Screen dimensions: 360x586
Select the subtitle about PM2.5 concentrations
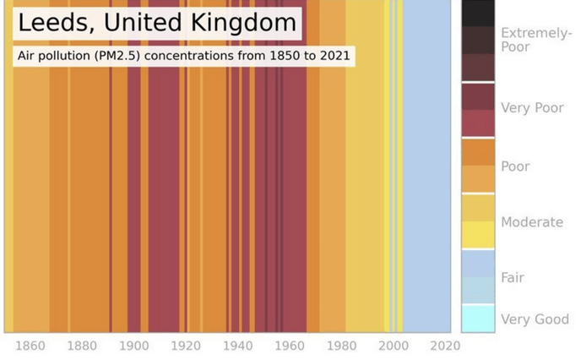(183, 57)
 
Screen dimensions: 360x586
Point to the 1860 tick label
(30, 346)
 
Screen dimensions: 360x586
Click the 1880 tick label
(82, 346)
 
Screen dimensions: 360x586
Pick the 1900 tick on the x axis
(133, 346)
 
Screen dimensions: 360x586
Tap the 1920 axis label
(186, 346)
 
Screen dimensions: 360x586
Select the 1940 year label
(238, 346)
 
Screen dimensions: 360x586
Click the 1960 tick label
(290, 346)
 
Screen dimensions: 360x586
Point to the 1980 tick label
(341, 346)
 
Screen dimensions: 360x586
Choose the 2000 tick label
(393, 346)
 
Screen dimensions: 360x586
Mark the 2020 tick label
(445, 346)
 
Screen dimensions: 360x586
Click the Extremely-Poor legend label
(535, 40)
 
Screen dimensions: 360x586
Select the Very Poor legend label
(532, 108)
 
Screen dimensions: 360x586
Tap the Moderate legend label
(532, 222)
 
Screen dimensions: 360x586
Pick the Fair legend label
(513, 277)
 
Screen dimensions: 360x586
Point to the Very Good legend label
(534, 319)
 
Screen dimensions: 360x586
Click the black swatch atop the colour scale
(478, 14)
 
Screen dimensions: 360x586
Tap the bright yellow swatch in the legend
(478, 234)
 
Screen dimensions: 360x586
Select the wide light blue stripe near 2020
(431, 169)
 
